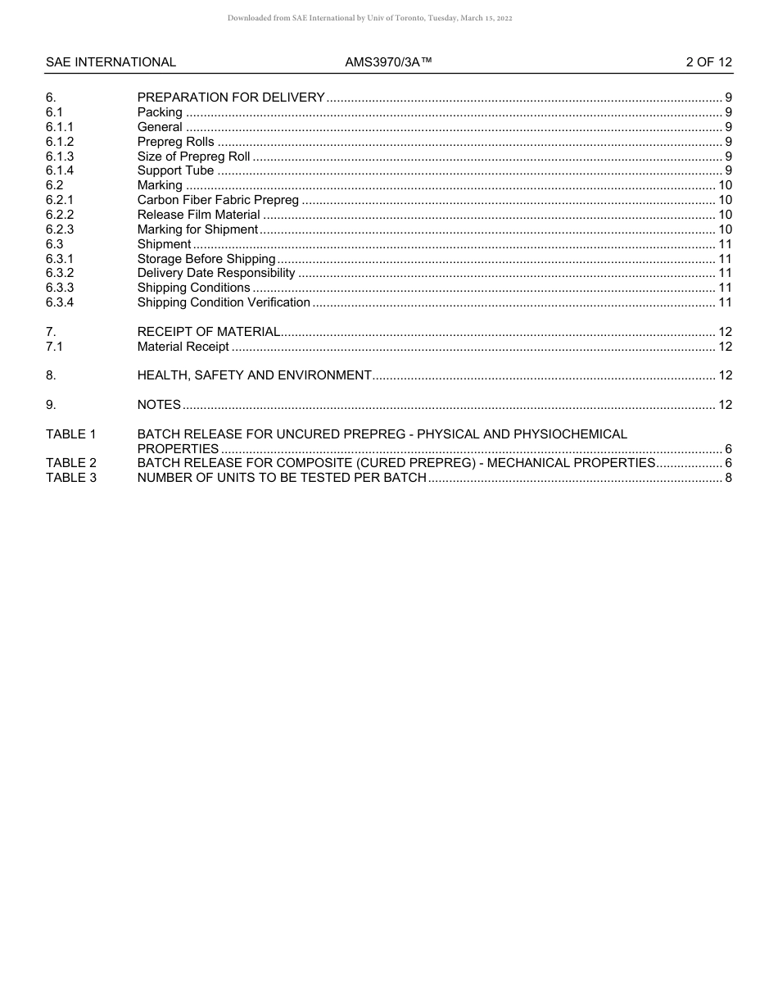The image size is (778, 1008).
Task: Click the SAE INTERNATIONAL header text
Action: [x=111, y=62]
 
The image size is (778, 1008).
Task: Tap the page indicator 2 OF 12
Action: [x=708, y=62]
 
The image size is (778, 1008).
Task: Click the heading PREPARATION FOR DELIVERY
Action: [x=231, y=98]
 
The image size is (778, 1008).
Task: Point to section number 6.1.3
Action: [x=60, y=157]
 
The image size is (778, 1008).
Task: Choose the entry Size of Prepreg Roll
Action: [x=193, y=157]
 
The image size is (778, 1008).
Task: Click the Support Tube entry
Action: [x=175, y=170]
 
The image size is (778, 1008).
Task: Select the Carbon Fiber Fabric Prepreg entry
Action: [x=218, y=200]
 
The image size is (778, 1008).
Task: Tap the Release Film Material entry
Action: [x=198, y=215]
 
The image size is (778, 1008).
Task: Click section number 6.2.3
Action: [x=60, y=229]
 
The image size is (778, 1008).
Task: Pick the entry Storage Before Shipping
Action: [x=206, y=259]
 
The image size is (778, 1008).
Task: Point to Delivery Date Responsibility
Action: [x=216, y=273]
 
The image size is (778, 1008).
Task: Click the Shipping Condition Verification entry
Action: [x=224, y=302]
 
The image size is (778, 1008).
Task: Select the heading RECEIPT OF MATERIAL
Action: [x=209, y=332]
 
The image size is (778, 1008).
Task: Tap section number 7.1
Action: [x=55, y=347]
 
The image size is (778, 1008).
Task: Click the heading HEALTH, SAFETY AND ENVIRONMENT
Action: [x=254, y=375]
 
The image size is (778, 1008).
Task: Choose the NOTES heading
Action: [x=159, y=405]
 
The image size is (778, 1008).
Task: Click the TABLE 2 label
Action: [x=71, y=463]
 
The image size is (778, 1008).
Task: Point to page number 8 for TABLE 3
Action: [x=728, y=478]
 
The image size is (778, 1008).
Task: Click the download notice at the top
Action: [x=370, y=18]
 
